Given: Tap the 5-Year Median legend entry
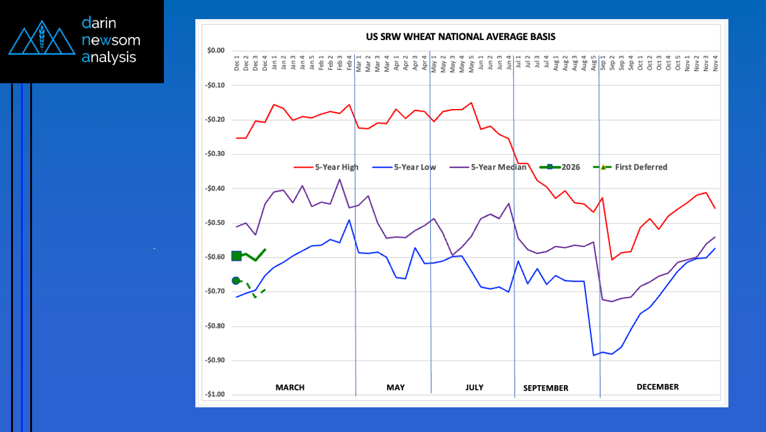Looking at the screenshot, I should pos(498,167).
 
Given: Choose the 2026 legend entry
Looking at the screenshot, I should pos(571,167).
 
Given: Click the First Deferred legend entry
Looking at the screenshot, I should pos(640,167).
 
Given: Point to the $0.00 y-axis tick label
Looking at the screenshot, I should pos(216,51).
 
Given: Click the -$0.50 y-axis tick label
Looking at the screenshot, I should pos(215,222).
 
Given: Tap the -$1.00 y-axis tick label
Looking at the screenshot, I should pos(215,394).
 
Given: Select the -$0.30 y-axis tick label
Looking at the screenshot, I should pos(215,154).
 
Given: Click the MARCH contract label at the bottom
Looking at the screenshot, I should pos(290,388).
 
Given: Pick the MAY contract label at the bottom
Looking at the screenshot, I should pos(396,388).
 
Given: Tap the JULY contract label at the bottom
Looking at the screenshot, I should pos(475,388).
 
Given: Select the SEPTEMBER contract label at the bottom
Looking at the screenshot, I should pos(545,388).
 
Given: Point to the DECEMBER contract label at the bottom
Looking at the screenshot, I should pos(658,387).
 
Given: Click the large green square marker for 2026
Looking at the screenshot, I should pos(236,256).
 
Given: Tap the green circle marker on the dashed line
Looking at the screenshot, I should pos(235,280).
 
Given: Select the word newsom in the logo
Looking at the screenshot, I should pos(111,41).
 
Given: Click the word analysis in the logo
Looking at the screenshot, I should pos(109,57).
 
